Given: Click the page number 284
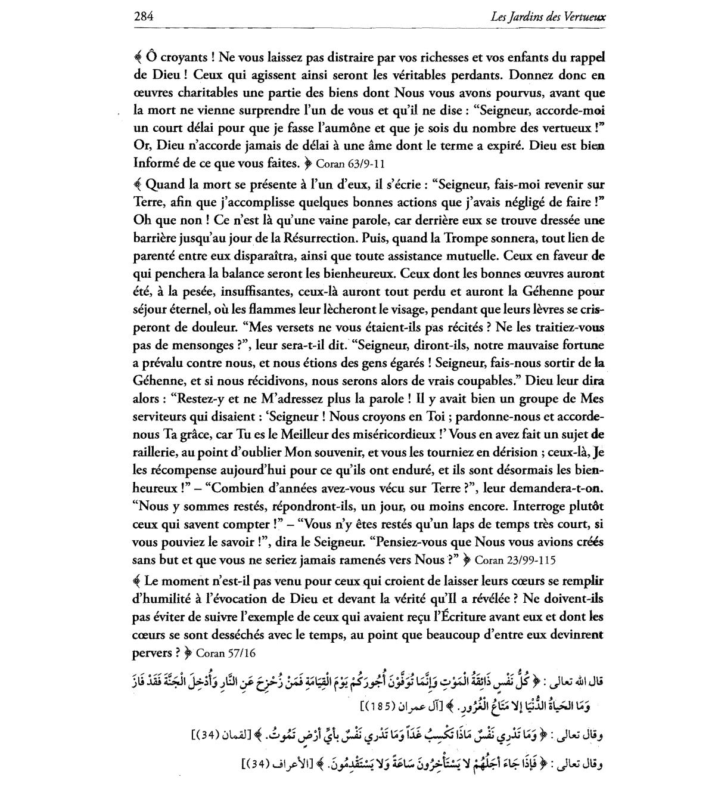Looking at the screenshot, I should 144,16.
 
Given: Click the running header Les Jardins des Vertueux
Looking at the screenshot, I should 548,17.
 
